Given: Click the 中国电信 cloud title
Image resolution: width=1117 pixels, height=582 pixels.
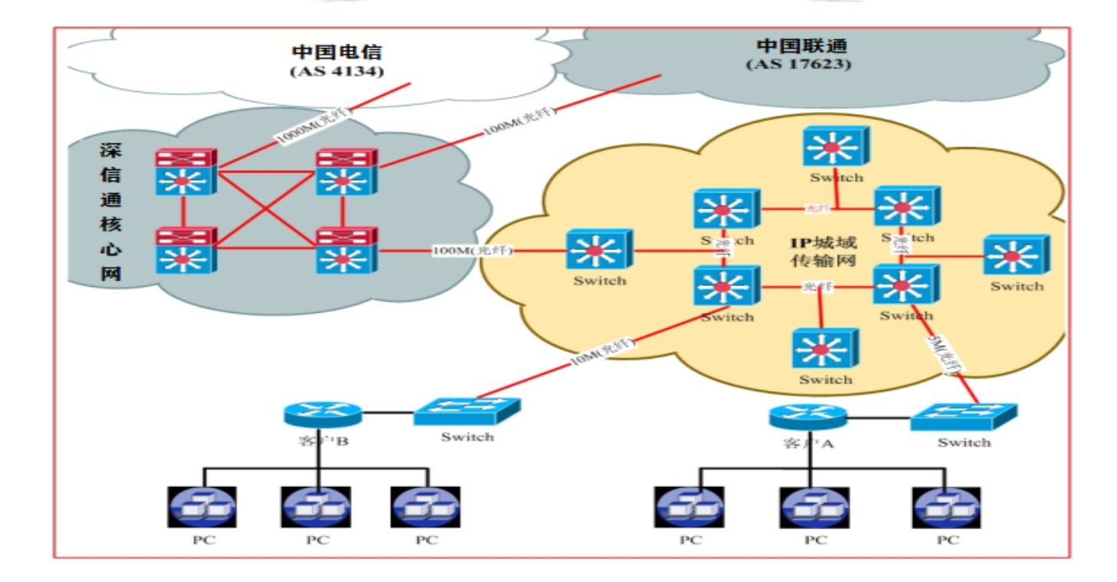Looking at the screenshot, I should click(x=337, y=52).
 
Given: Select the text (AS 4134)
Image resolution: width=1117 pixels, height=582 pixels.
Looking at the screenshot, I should click(x=337, y=71).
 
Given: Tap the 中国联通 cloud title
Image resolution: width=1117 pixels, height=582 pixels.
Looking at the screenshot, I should click(x=801, y=45).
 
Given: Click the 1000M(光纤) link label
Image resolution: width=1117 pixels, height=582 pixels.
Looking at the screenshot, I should click(x=314, y=124).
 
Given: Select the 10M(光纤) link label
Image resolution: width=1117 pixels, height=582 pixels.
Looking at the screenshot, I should click(x=603, y=351).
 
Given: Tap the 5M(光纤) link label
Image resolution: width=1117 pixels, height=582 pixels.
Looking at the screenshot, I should click(x=944, y=355).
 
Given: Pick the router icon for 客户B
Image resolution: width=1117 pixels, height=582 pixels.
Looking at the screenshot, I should click(x=322, y=413).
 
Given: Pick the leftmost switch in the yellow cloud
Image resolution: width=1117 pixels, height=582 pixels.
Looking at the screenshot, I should click(x=599, y=249).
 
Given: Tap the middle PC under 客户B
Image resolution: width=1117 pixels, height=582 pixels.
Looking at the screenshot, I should click(x=316, y=507).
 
